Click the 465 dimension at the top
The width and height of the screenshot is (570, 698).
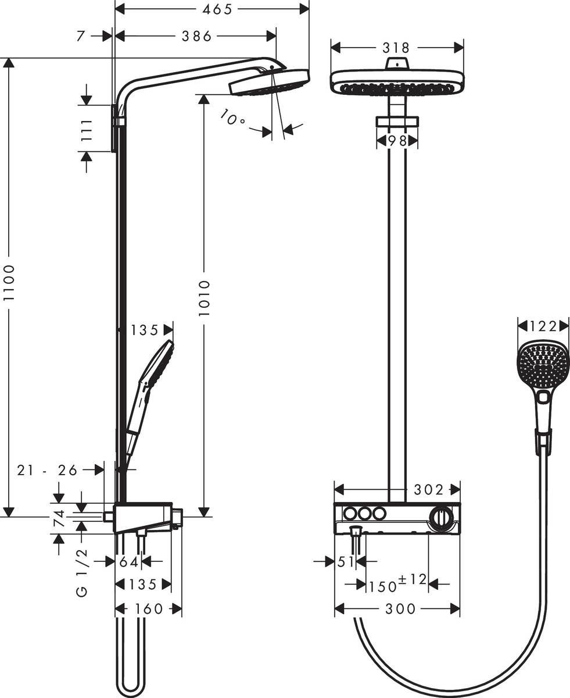tap(211, 9)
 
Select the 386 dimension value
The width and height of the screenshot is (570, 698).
tap(196, 36)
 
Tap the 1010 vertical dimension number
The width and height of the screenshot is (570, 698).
tap(203, 298)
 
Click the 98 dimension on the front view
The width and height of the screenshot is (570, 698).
tap(397, 141)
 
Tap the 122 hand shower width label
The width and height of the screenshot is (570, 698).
tap(543, 326)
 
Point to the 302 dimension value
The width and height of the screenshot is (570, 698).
tap(428, 489)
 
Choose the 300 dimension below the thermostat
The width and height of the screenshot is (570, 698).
tap(400, 609)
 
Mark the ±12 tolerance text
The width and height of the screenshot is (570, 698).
tap(413, 579)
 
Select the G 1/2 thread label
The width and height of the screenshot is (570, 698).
tap(82, 572)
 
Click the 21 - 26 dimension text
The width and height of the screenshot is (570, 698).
tap(47, 470)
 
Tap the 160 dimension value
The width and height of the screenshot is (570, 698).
tap(148, 609)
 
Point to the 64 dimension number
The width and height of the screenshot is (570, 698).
tap(128, 561)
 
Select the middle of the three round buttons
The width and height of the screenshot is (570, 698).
tap(364, 514)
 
